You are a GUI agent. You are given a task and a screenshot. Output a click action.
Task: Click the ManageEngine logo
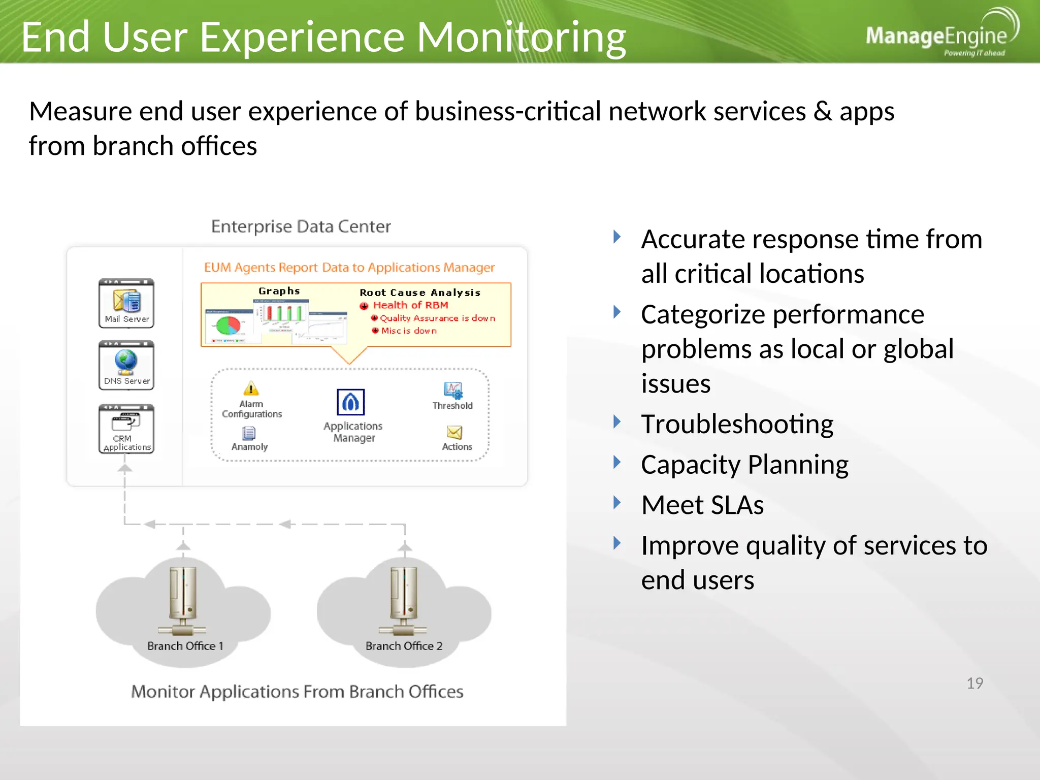tap(940, 35)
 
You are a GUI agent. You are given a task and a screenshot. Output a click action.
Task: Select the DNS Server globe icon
tap(126, 361)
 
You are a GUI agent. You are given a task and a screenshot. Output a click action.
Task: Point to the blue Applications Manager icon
tap(350, 402)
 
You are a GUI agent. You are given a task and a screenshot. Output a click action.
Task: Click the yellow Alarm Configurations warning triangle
tap(251, 388)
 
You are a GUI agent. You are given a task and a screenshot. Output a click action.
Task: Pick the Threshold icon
tap(453, 390)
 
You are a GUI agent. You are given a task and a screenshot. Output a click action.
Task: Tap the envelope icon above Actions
tap(454, 432)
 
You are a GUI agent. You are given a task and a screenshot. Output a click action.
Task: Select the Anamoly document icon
tap(249, 433)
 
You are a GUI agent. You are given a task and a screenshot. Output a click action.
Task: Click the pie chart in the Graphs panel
tap(228, 325)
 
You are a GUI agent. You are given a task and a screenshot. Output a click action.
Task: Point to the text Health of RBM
tap(410, 305)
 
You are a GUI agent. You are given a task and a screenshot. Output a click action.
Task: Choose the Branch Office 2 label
tap(404, 646)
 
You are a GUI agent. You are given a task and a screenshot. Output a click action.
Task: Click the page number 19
tap(974, 683)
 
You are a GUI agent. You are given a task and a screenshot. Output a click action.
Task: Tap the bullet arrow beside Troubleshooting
tap(617, 421)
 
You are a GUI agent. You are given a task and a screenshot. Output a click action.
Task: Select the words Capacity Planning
tap(744, 464)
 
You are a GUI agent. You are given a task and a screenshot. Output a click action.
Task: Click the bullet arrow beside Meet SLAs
tap(617, 503)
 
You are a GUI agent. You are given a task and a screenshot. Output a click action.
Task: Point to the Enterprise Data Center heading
tap(301, 226)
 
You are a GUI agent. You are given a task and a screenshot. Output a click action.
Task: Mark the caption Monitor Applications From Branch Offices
tap(297, 692)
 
